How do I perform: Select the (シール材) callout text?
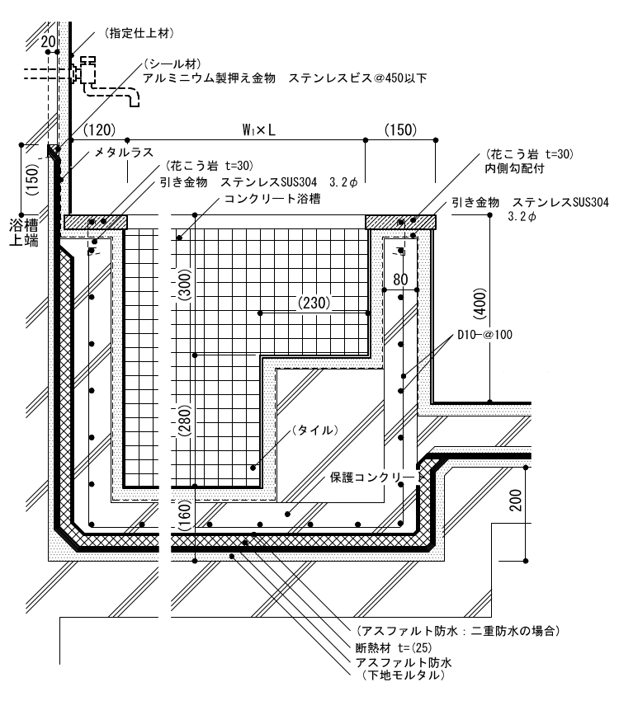point(170,64)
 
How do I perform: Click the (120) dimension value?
point(99,130)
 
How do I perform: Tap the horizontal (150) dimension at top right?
point(400,130)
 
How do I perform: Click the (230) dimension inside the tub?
point(313,303)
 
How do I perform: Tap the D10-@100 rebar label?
point(486,336)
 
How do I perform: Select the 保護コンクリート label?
point(376,477)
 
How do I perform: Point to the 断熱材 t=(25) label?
point(396,647)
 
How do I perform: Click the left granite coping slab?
point(96,221)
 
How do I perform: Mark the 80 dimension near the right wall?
point(400,280)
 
